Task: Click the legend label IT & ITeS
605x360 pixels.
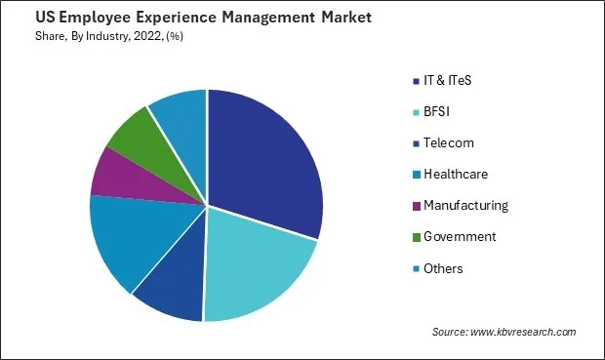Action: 455,80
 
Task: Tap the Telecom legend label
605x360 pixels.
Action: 449,142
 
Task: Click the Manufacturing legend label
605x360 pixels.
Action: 465,205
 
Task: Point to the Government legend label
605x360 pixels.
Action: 460,236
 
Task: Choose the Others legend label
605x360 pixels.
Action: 443,267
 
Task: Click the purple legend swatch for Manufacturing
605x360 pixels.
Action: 416,205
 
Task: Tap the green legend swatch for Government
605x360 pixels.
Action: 416,236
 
